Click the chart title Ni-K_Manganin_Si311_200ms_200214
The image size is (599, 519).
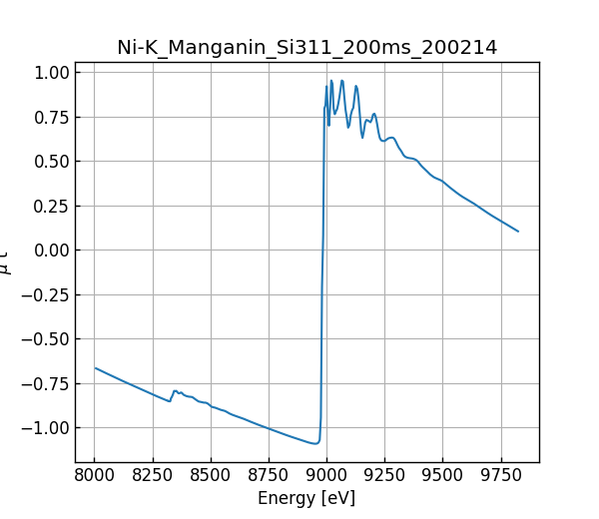tap(307, 47)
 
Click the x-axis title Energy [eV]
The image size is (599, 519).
tap(306, 498)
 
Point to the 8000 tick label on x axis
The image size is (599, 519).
tap(95, 473)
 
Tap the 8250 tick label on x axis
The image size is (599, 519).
tap(153, 473)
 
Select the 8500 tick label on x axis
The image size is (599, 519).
tap(211, 473)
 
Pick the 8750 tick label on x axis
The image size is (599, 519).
tap(269, 473)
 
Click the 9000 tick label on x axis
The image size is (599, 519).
tap(326, 473)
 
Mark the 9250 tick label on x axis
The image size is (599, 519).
tap(384, 473)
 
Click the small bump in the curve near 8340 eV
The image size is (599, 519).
tap(175, 391)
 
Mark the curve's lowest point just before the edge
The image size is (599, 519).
tap(315, 443)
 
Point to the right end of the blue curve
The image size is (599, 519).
tap(518, 232)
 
